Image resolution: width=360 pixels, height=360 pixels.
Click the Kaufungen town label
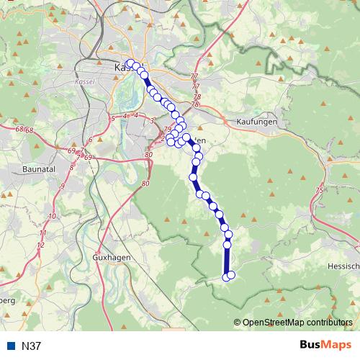click(256, 122)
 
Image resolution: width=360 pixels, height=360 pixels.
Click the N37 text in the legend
click(32, 346)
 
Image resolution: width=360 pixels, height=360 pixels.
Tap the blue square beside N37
click(12, 346)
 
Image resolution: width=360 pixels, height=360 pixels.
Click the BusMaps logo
click(325, 346)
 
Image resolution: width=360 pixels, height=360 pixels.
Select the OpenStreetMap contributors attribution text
click(297, 323)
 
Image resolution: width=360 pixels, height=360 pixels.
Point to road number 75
click(319, 190)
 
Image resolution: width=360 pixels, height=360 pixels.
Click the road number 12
click(40, 246)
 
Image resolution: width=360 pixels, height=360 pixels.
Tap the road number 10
click(51, 216)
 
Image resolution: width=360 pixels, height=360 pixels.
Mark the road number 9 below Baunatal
click(63, 186)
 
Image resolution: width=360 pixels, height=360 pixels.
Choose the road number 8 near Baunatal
click(71, 167)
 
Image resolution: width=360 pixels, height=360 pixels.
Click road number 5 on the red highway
click(113, 117)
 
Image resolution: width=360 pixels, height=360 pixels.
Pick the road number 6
click(91, 140)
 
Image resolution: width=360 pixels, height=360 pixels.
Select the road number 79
click(167, 130)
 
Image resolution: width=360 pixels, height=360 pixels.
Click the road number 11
click(43, 233)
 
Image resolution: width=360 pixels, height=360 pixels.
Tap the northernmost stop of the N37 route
click(130, 63)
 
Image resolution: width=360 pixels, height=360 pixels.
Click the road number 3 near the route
click(153, 121)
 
